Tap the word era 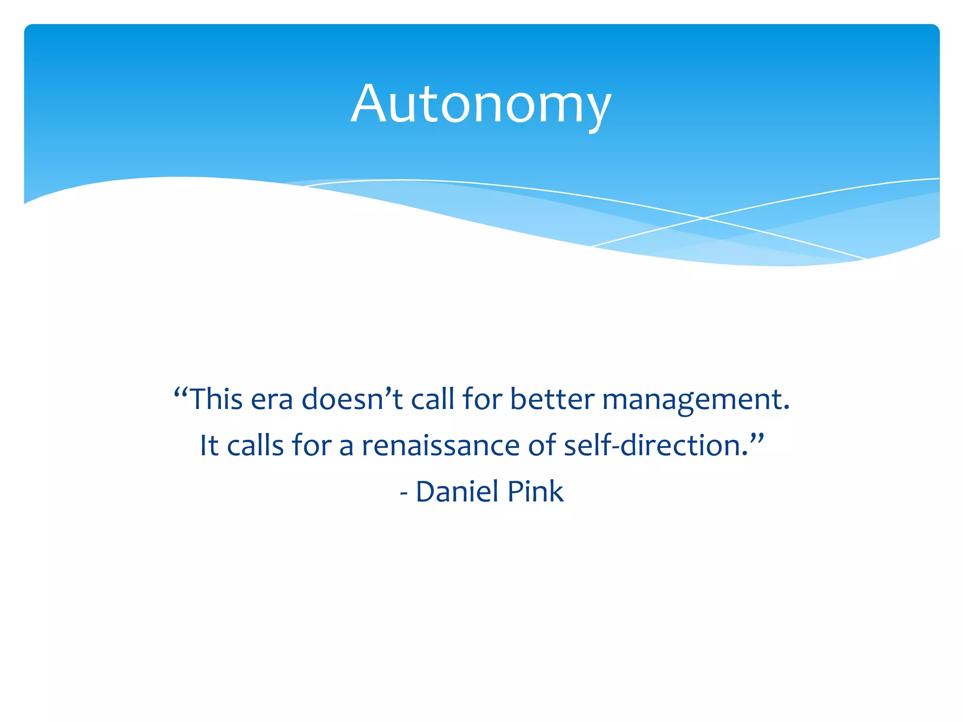click(x=271, y=399)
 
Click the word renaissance click(x=440, y=445)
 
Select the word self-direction click(x=655, y=445)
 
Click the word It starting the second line click(x=209, y=445)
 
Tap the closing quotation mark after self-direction click(x=756, y=439)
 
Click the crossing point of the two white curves click(x=704, y=218)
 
